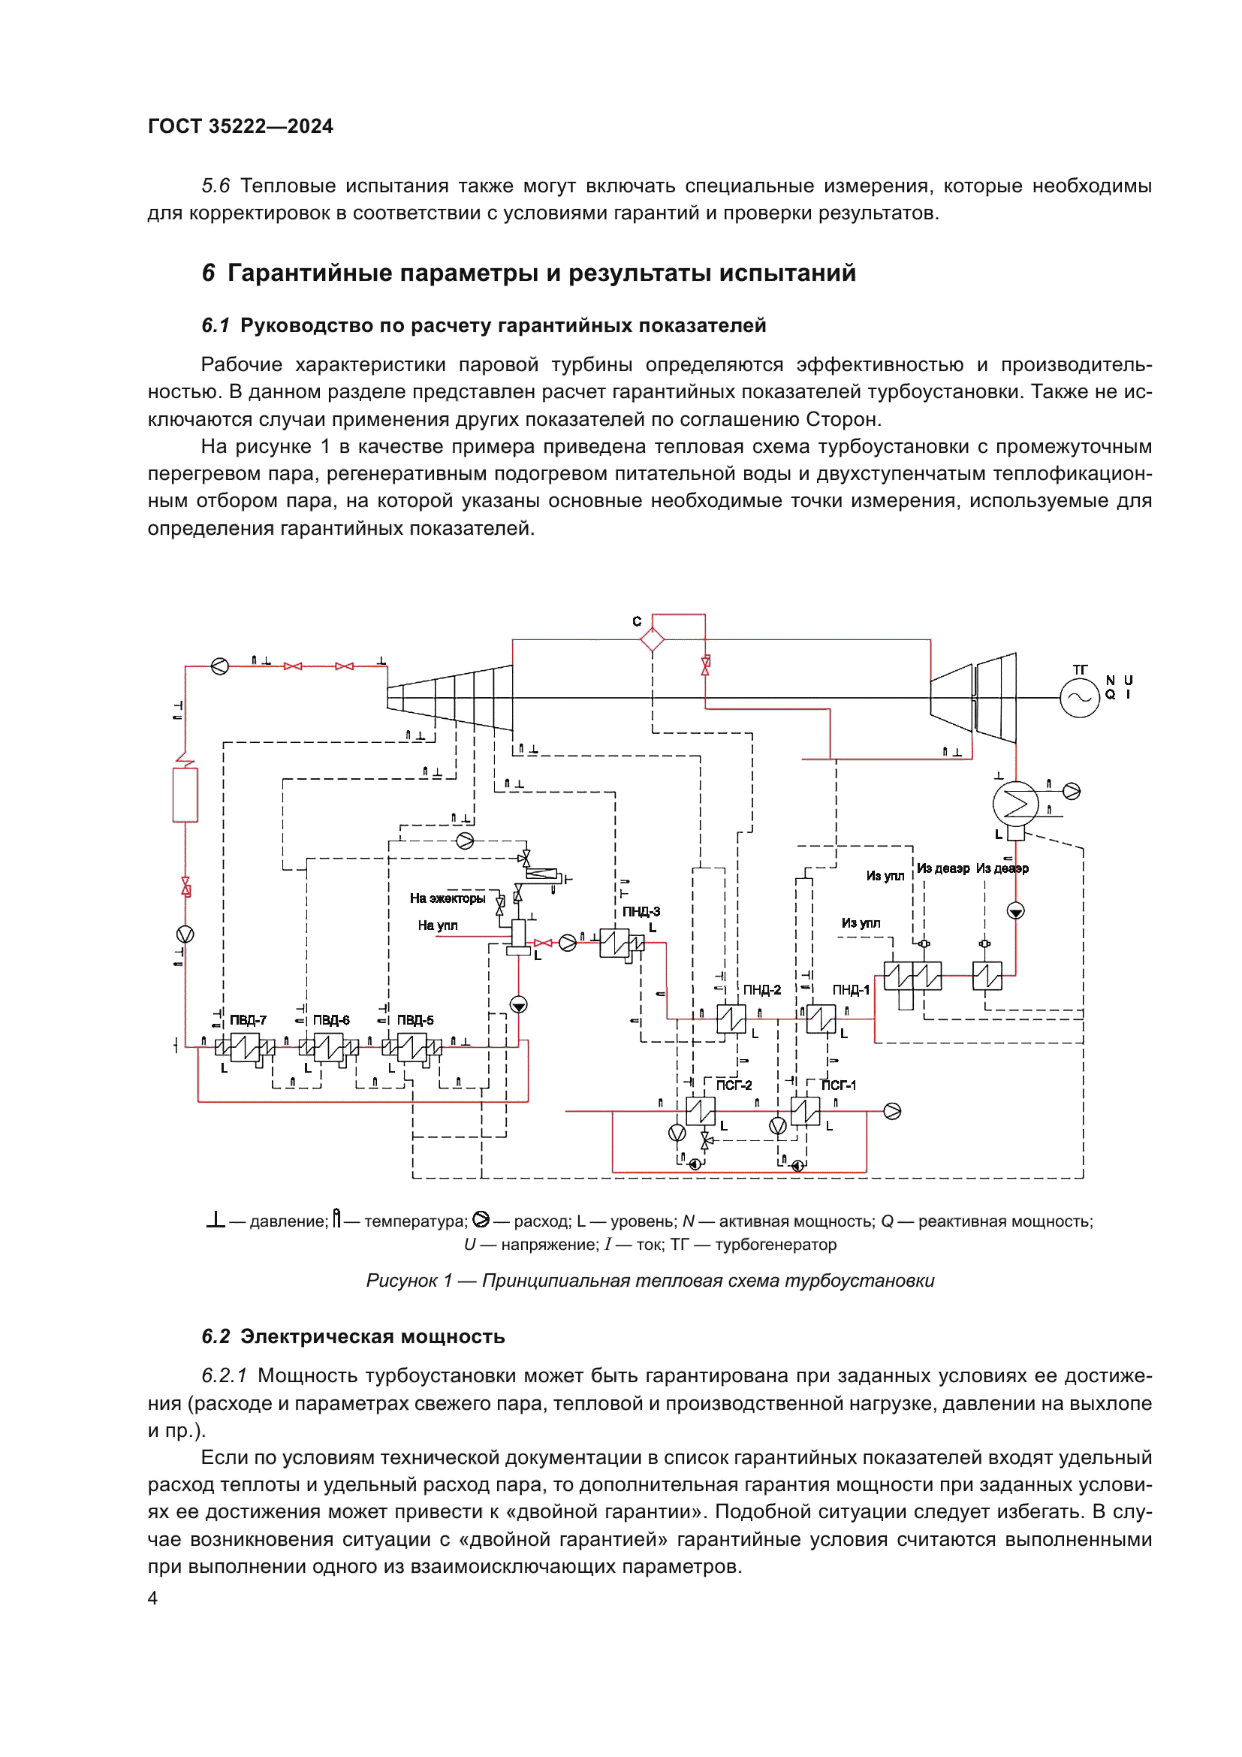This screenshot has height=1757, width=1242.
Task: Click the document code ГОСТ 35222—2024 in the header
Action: point(240,126)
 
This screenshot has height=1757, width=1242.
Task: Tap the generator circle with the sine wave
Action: point(1079,697)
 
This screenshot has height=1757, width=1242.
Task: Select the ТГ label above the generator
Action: point(1079,669)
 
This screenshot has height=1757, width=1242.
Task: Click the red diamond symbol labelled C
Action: point(652,639)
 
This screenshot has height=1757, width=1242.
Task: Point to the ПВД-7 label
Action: point(248,1020)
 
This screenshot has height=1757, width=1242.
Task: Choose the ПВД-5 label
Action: point(415,1020)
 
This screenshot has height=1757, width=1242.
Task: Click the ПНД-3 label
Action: point(641,911)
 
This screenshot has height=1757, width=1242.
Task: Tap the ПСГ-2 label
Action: point(734,1085)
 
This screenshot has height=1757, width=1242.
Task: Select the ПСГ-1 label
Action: point(838,1085)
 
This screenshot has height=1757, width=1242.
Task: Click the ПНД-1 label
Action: point(851,989)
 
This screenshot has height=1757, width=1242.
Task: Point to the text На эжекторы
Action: point(448,898)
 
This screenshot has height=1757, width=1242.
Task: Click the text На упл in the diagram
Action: point(438,925)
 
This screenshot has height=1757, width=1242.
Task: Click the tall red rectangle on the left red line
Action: point(185,795)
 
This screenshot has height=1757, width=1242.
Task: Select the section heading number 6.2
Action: point(216,1336)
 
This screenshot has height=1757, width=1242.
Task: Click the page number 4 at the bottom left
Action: point(152,1598)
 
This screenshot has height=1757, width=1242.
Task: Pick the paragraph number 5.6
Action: point(216,186)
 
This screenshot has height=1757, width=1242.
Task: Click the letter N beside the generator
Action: point(1110,681)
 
